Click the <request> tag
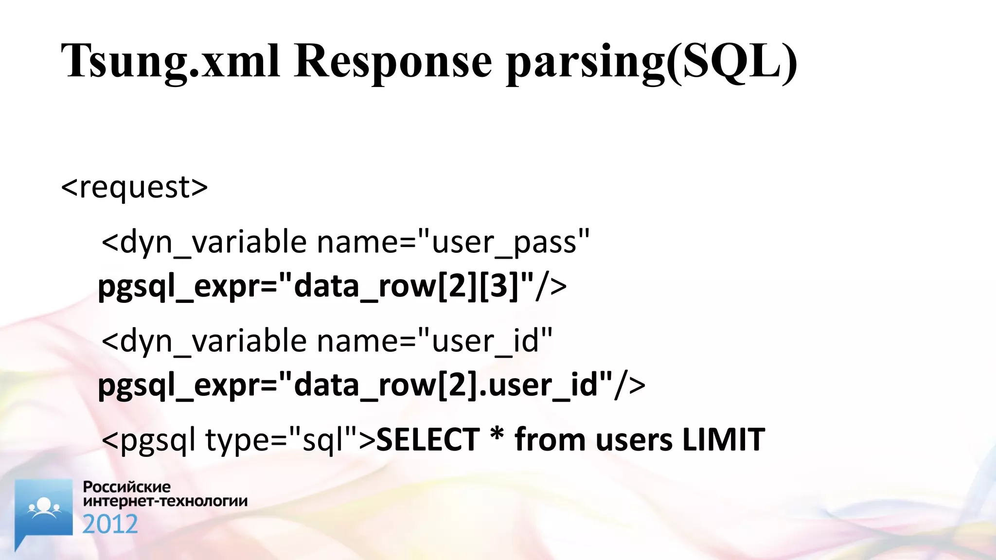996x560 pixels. (134, 187)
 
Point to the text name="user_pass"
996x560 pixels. (453, 242)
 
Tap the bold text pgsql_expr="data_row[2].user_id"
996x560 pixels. (355, 385)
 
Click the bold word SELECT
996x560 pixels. (428, 440)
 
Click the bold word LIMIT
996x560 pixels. (723, 440)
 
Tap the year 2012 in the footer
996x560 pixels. (110, 525)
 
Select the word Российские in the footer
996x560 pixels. (126, 487)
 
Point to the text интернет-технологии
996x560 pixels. (165, 501)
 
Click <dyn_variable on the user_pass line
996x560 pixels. (204, 242)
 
